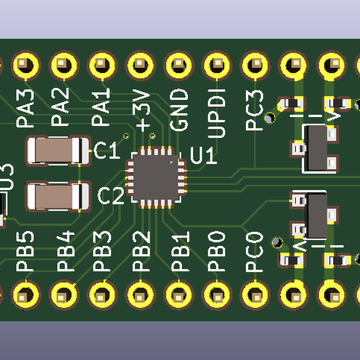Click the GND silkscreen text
(179, 110)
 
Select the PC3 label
(255, 110)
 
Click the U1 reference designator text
(203, 157)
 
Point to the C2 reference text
(110, 196)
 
